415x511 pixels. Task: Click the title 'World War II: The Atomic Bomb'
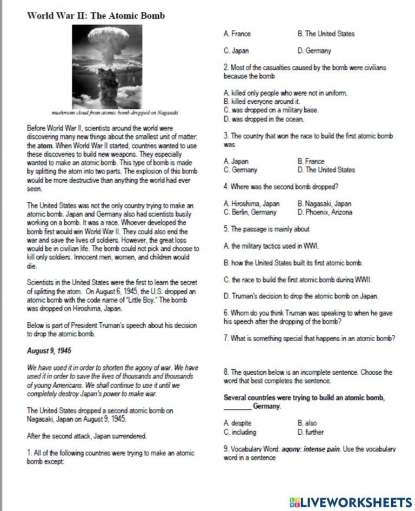[x=96, y=16]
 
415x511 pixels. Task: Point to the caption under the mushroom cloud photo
[x=114, y=113]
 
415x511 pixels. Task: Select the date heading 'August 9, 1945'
[x=50, y=351]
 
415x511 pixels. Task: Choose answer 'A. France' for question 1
[x=237, y=34]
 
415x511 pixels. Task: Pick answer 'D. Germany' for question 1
[x=314, y=51]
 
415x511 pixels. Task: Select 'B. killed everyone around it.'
[x=262, y=102]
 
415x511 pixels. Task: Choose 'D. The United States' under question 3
[x=326, y=170]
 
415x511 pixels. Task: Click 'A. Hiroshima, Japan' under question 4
[x=251, y=204]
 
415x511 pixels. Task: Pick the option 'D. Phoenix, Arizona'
[x=325, y=213]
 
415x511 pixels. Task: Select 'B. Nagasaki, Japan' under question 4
[x=324, y=204]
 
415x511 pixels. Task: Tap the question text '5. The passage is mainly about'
[x=266, y=229]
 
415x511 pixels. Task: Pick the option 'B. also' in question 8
[x=307, y=423]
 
